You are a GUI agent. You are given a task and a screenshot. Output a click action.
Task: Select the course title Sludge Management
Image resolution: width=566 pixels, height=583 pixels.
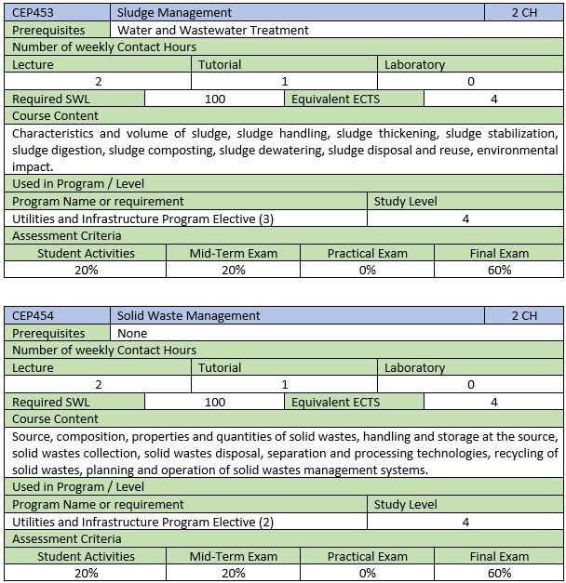pos(175,13)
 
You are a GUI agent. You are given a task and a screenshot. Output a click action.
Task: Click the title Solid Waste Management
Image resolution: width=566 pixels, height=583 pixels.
pos(189,316)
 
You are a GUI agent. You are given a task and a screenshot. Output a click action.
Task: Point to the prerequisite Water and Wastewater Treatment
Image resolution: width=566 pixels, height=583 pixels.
pos(213,30)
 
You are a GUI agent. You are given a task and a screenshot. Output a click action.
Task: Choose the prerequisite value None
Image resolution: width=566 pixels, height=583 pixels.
pos(133,333)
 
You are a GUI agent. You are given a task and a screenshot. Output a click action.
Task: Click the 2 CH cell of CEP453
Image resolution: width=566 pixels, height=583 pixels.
pos(524,13)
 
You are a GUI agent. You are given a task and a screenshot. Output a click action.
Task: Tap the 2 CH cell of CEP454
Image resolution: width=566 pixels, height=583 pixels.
pos(524,316)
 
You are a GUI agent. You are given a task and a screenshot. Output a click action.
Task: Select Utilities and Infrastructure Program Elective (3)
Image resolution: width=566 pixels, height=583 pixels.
pos(142,219)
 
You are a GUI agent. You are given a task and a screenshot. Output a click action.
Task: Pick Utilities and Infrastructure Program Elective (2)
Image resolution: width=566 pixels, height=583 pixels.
pos(142,522)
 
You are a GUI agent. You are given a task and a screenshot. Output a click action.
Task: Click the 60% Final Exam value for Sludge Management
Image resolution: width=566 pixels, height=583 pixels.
pos(499,270)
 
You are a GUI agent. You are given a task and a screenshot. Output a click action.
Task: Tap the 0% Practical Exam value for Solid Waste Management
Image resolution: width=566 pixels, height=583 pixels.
pos(367,573)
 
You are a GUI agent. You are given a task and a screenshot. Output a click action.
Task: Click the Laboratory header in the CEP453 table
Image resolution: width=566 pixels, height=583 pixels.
pos(414,64)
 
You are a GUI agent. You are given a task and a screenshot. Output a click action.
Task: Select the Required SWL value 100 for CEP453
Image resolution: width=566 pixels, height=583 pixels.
pos(215,99)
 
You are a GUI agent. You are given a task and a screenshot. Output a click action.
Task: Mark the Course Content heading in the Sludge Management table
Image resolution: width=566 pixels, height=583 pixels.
pos(55,116)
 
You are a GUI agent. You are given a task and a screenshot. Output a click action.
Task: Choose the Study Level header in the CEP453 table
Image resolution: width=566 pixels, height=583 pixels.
pos(405,201)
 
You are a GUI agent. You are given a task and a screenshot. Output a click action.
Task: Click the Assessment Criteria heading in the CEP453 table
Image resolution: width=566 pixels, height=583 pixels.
pos(67,235)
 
